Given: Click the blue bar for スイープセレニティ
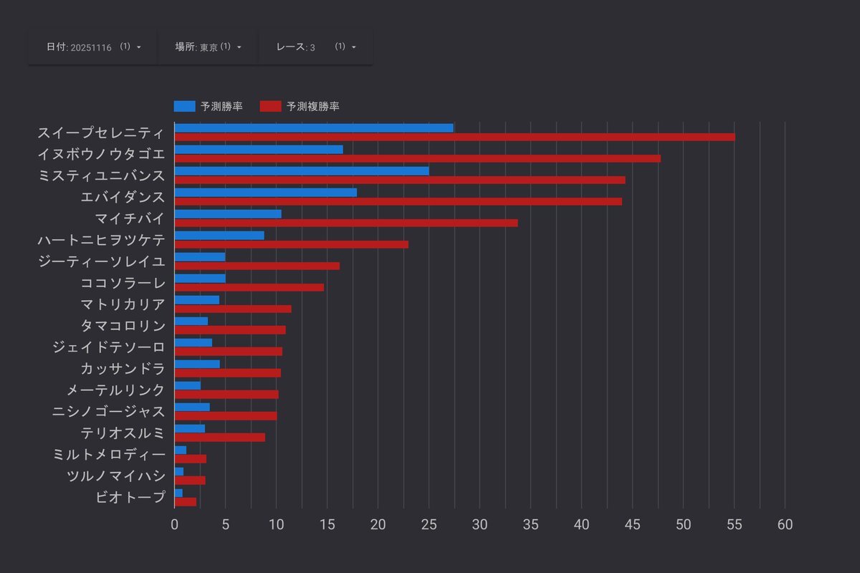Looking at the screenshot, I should click(314, 128).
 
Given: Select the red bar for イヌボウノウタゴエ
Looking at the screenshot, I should click(417, 158).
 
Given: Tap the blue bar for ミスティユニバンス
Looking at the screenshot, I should click(302, 171).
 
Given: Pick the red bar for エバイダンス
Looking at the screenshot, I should click(398, 201).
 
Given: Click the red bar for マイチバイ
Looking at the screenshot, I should click(345, 223).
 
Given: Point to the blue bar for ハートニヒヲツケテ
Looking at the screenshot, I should click(219, 236).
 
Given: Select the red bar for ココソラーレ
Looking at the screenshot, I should click(249, 287).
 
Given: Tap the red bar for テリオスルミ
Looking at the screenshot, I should click(219, 438).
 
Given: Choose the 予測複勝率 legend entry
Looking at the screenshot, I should click(299, 107).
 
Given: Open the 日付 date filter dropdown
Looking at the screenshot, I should click(93, 47).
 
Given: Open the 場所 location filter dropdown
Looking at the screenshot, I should click(208, 47).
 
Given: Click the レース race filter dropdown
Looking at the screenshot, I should click(315, 47).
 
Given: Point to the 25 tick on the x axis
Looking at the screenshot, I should click(429, 524).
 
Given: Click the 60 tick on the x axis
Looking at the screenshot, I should click(785, 524).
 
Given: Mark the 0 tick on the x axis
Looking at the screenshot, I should click(175, 524).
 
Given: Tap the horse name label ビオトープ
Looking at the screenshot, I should click(130, 497).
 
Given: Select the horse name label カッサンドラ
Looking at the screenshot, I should click(123, 369).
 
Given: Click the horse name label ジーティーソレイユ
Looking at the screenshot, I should click(101, 261).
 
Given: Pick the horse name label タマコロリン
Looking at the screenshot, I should click(123, 326).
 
